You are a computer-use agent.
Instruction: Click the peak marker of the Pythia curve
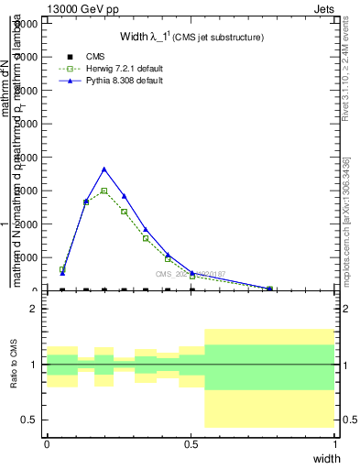pyautogui.click(x=104, y=169)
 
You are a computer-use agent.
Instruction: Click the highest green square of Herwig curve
pyautogui.click(x=104, y=191)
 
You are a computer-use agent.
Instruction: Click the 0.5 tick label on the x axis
pyautogui.click(x=191, y=443)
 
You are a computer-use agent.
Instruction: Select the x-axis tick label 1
pyautogui.click(x=335, y=443)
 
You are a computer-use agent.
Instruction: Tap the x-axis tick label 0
pyautogui.click(x=47, y=443)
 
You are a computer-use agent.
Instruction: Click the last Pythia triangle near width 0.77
pyautogui.click(x=269, y=289)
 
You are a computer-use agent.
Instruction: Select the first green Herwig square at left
pyautogui.click(x=62, y=269)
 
